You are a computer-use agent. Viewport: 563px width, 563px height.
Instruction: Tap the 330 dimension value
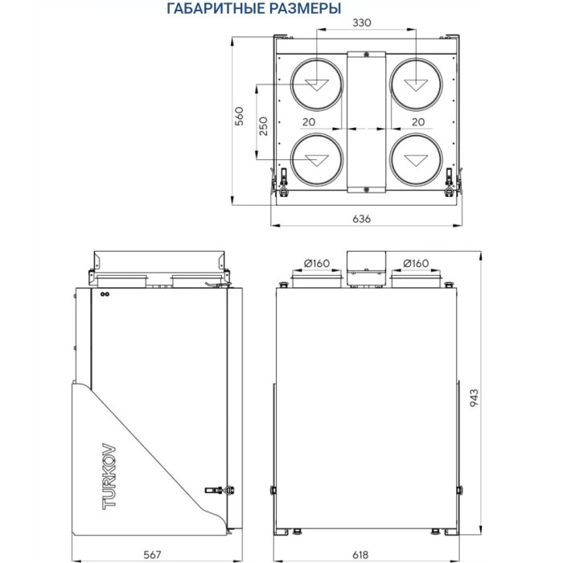coord(361,23)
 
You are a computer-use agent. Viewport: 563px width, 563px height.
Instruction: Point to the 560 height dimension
coord(239,117)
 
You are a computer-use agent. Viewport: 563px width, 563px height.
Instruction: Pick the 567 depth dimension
coord(153,554)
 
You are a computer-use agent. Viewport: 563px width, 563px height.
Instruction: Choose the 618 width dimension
coord(366,554)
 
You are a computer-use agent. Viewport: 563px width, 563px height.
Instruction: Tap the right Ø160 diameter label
coord(415,262)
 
